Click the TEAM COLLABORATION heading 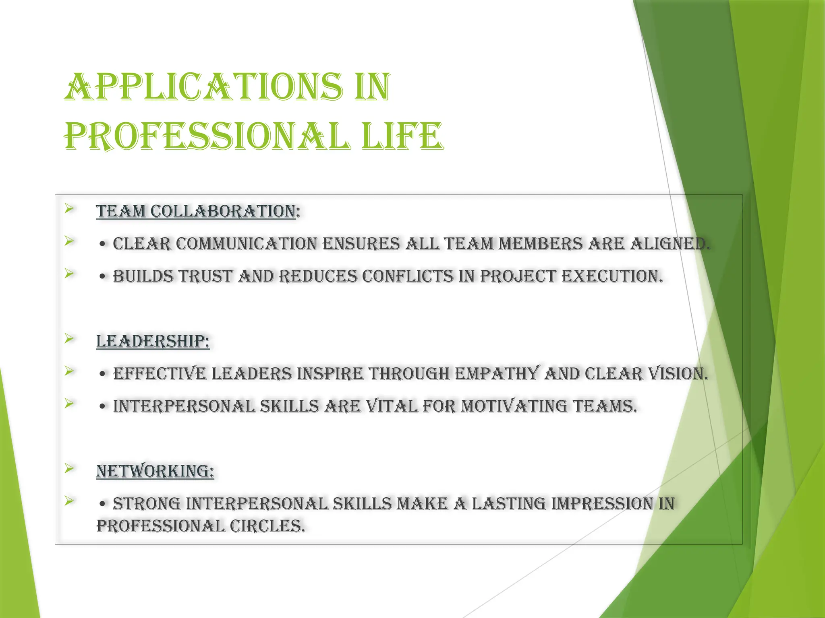pos(196,212)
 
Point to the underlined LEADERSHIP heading pos(153,342)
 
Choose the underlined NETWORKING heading pos(155,471)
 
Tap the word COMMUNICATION pos(247,244)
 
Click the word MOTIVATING pos(514,406)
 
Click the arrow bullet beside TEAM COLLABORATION pos(69,208)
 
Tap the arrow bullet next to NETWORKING pos(69,468)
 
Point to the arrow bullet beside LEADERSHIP pos(69,339)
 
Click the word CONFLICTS pos(408,276)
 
